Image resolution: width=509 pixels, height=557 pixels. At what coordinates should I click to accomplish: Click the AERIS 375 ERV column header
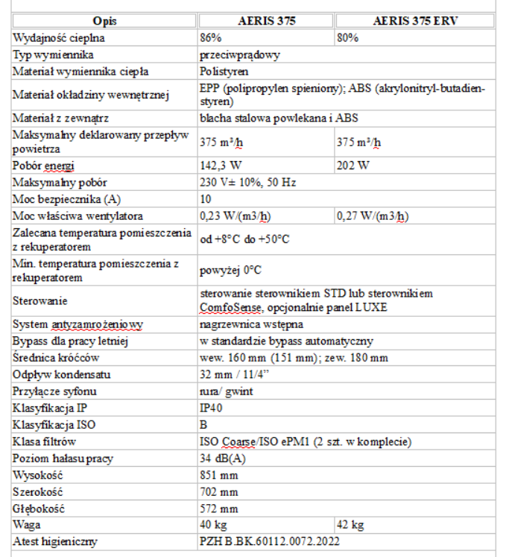[414, 21]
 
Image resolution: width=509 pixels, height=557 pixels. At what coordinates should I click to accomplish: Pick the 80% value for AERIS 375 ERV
[347, 37]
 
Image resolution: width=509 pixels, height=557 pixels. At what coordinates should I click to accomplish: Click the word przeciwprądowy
[240, 54]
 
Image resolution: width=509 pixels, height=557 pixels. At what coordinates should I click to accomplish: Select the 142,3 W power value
[222, 166]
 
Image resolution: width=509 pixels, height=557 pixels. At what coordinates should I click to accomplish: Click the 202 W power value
[353, 166]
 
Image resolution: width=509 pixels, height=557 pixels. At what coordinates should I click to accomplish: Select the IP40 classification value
[212, 409]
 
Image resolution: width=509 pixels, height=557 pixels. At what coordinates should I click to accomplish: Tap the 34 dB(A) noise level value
[223, 458]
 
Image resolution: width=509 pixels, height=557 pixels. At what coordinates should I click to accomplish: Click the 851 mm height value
[218, 475]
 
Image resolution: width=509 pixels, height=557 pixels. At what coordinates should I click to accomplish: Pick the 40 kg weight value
[212, 525]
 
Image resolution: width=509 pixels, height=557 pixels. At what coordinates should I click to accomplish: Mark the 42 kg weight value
[350, 525]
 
